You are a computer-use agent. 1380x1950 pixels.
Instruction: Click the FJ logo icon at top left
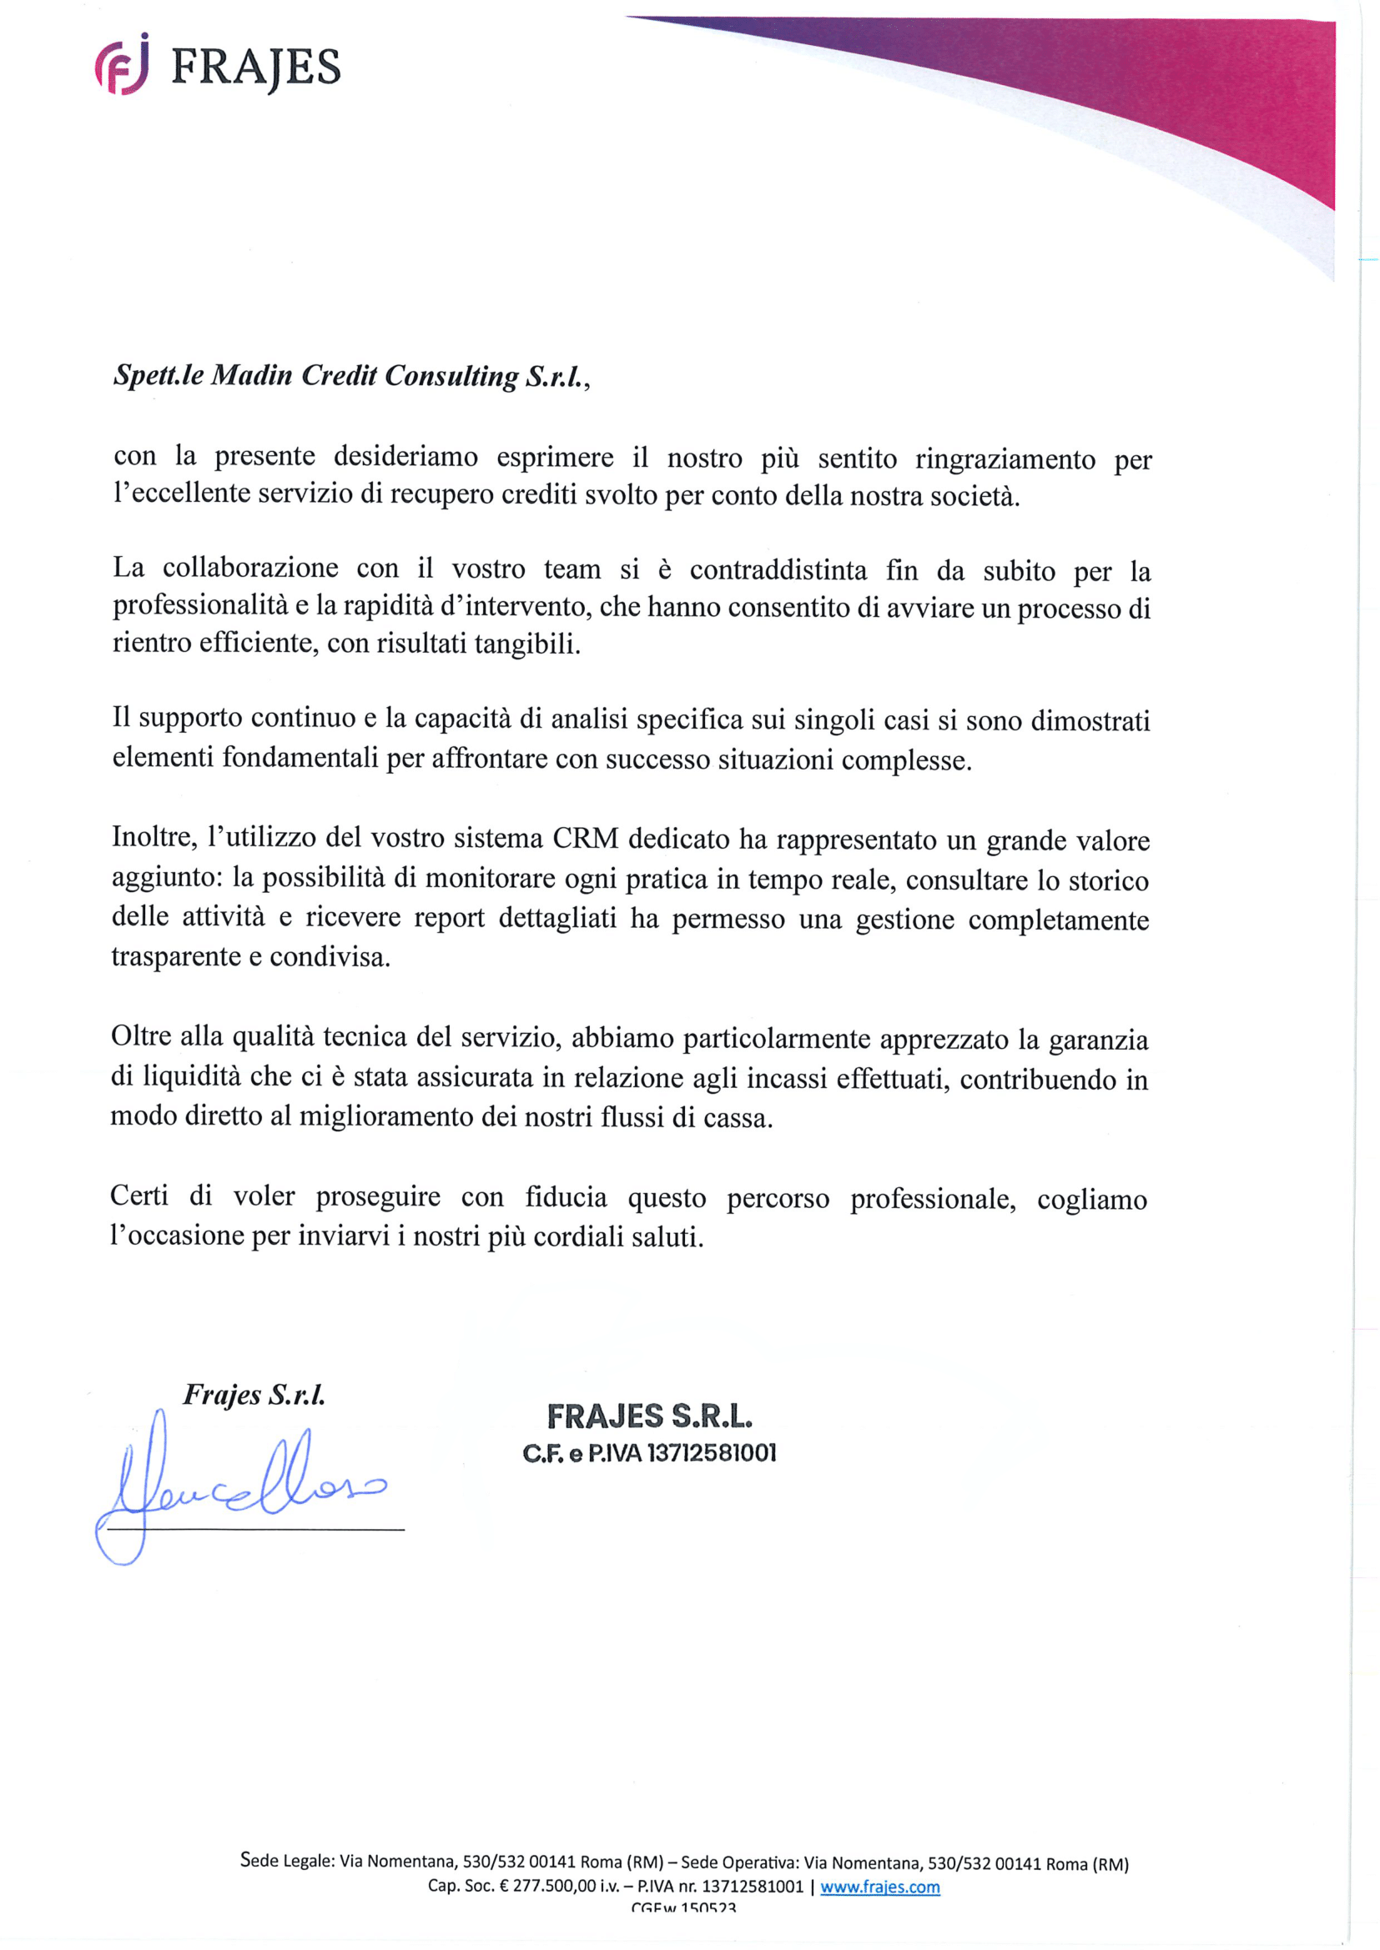pos(122,65)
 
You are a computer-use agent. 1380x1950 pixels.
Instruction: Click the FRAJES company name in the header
pos(255,68)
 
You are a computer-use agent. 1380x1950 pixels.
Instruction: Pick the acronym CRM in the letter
pos(586,840)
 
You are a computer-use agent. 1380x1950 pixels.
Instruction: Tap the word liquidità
pos(191,1077)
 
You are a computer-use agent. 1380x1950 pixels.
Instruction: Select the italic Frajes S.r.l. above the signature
pos(254,1395)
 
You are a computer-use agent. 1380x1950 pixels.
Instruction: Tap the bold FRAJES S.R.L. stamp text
pos(649,1416)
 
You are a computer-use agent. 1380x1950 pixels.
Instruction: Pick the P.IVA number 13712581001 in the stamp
pos(712,1454)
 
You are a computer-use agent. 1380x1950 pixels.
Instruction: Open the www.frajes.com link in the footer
pos(879,1887)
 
